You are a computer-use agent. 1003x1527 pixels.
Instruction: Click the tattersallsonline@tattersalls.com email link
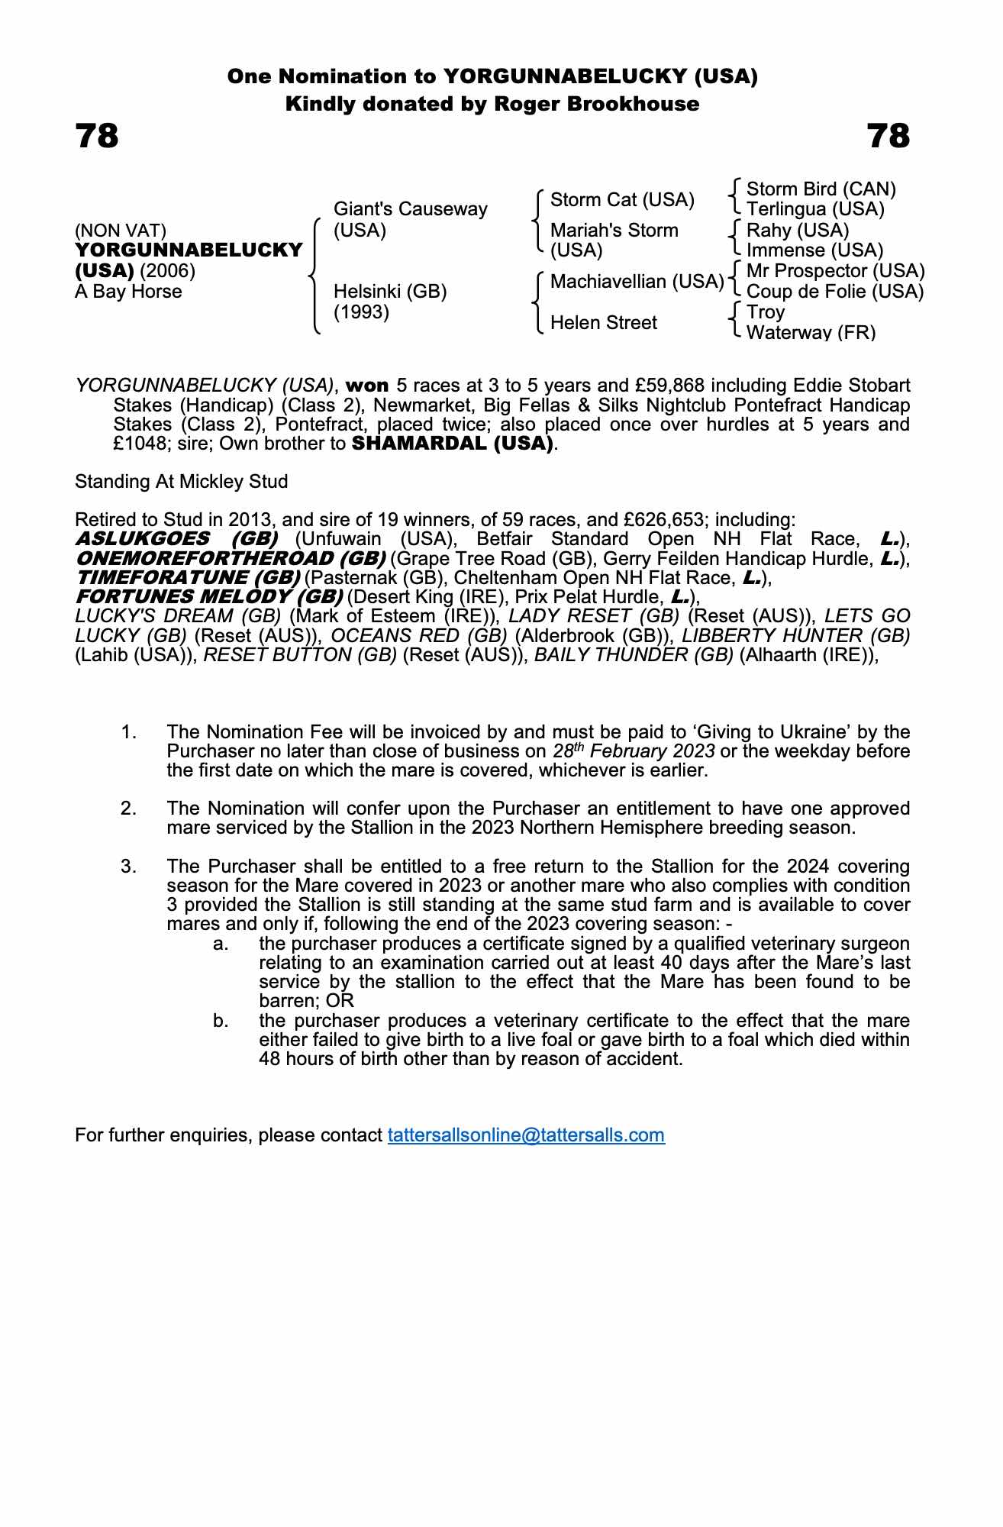[526, 1135]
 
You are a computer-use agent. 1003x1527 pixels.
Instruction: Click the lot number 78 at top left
[97, 137]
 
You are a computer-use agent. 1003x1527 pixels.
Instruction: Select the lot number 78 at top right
[889, 137]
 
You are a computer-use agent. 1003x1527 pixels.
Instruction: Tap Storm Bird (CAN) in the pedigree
[821, 189]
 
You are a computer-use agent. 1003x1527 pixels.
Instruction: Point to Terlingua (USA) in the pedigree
[814, 209]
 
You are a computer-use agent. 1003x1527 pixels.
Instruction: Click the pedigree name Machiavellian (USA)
[637, 282]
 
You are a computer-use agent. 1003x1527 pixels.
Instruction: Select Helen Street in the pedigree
[603, 323]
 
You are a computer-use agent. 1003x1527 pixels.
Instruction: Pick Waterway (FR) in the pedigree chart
[811, 332]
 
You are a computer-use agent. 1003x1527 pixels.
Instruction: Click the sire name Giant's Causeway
[410, 209]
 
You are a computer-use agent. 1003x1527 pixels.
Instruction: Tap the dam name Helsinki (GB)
[390, 292]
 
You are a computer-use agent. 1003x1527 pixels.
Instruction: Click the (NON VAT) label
[121, 231]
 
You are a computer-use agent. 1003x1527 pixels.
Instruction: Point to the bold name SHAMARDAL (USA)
[452, 444]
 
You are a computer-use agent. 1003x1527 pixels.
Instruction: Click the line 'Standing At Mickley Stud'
[181, 482]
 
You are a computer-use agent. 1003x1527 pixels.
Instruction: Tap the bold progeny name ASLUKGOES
[143, 539]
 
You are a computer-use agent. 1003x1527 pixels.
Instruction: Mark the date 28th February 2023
[634, 751]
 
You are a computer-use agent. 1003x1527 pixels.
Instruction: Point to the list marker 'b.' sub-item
[221, 1021]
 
